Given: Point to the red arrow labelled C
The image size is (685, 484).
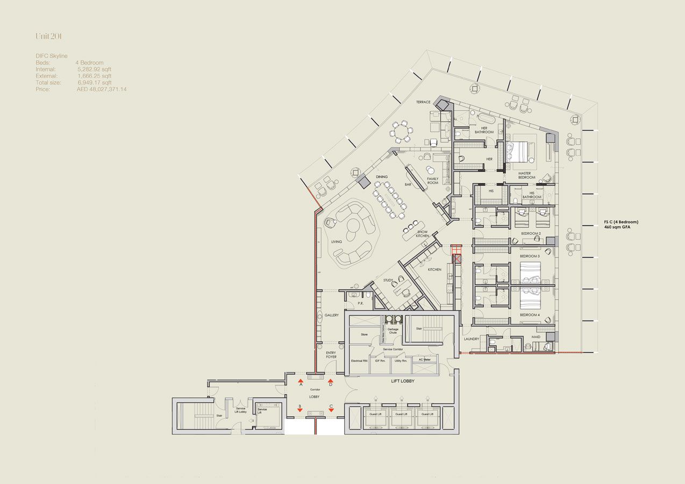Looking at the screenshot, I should click(331, 410).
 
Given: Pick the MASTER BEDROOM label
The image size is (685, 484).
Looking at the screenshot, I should click(527, 175).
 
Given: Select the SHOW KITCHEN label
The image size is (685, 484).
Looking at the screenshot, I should click(423, 233).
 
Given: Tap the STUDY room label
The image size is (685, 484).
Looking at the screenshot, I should click(388, 280).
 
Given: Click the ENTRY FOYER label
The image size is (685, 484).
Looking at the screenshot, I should click(331, 355).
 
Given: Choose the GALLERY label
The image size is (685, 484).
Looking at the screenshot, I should click(332, 315).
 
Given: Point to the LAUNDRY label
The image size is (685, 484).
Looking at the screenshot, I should click(472, 339).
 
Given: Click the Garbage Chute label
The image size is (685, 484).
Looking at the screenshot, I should click(393, 330).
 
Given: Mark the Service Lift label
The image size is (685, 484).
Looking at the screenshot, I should click(262, 410).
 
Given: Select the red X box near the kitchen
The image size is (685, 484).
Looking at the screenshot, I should click(458, 259).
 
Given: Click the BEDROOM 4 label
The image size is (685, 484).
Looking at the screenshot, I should click(530, 315).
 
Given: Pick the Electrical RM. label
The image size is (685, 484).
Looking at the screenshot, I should click(359, 360).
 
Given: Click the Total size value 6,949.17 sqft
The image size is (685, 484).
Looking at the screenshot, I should click(94, 83).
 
